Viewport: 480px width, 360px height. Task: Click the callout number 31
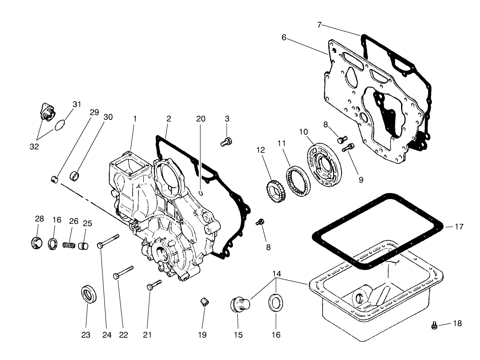click(77, 104)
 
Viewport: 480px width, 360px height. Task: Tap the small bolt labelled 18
click(435, 326)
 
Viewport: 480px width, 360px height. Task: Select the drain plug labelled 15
click(240, 305)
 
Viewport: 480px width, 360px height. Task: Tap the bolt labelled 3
click(226, 142)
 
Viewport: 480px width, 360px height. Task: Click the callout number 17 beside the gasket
click(459, 227)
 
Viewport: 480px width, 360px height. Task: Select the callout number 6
click(284, 38)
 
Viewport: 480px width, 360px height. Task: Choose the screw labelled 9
click(349, 148)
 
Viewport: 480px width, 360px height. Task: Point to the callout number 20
click(201, 119)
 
